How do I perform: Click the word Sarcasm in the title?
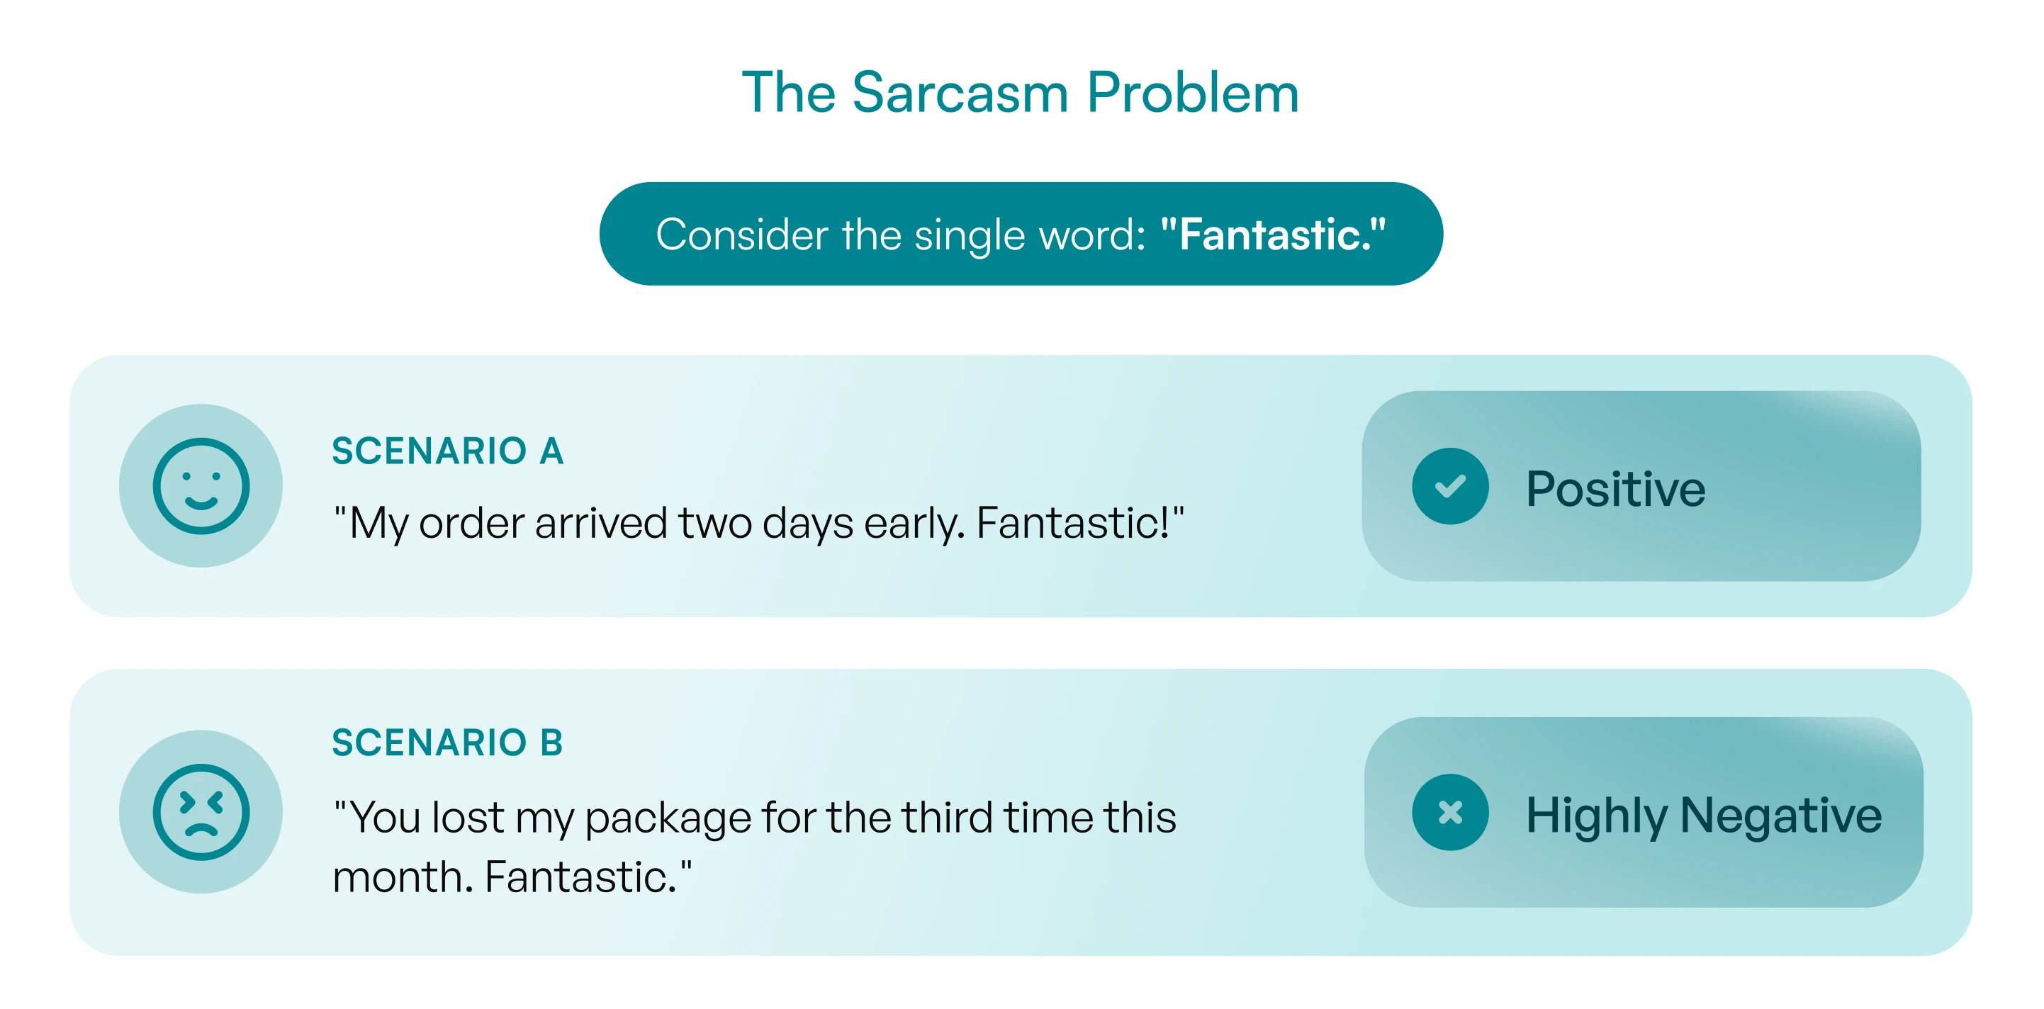[x=960, y=93]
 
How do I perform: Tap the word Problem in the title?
[x=1193, y=93]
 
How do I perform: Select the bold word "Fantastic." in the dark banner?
[x=1273, y=234]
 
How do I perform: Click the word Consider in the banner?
[x=742, y=235]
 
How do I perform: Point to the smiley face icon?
[x=201, y=485]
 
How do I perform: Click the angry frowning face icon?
[x=201, y=811]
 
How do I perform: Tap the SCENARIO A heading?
[x=447, y=451]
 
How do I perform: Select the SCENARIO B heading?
[x=447, y=743]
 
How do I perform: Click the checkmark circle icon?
[x=1449, y=485]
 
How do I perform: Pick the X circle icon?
[x=1449, y=811]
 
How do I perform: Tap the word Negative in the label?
[x=1780, y=816]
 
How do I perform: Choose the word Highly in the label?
[x=1595, y=816]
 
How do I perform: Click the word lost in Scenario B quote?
[x=468, y=817]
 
